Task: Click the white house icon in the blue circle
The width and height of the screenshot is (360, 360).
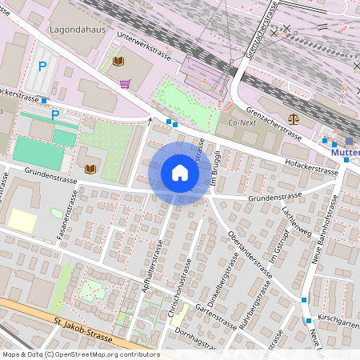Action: coord(180,173)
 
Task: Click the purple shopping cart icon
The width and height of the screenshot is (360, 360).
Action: coord(125,82)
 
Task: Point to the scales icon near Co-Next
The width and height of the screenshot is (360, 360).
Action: coord(292,118)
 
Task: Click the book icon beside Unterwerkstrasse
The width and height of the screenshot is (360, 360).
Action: coord(118,61)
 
